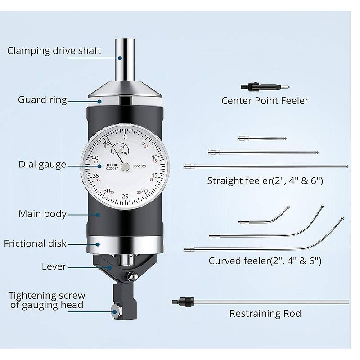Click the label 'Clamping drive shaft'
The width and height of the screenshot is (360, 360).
[54, 50]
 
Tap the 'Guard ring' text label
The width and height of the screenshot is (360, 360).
[42, 99]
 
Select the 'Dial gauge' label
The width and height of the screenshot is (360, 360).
[42, 165]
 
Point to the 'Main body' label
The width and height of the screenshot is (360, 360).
[42, 214]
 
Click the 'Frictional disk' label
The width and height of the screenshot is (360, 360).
[35, 243]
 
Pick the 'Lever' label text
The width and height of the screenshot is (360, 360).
[54, 266]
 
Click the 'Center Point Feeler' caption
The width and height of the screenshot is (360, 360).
[265, 100]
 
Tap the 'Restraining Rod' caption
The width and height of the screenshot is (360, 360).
[265, 313]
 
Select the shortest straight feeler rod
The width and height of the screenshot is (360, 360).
[261, 139]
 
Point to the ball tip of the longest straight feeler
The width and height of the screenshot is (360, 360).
[346, 166]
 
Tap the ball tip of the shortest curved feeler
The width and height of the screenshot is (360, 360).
[288, 207]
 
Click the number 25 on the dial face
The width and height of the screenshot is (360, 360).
[125, 197]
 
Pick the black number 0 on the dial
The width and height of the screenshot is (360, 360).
[125, 137]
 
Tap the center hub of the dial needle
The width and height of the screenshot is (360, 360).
[125, 166]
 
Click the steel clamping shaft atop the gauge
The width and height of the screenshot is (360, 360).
[125, 59]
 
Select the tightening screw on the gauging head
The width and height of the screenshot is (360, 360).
[115, 310]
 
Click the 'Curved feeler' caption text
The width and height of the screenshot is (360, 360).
[265, 261]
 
